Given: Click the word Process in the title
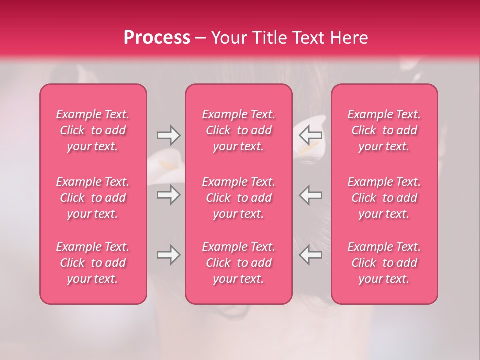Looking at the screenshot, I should coord(157,37).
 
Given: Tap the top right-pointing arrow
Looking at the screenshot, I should coord(168,135).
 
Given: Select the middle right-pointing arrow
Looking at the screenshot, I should coord(168,195).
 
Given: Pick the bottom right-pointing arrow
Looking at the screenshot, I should coord(168,255).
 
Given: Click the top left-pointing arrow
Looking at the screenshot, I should coord(311,135).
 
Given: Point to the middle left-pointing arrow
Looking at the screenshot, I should coord(311,195).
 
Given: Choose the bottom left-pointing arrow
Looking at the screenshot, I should coord(311,255).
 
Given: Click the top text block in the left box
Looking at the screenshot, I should coord(93,130).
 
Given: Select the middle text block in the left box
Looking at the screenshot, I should coord(93,198).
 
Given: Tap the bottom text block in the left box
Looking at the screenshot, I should coord(93,263).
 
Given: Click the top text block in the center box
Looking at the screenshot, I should coord(238,130).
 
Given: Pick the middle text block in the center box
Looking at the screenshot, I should coord(238,198).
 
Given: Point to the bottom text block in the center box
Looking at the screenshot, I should coord(238,263).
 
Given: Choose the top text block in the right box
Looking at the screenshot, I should coord(384,130).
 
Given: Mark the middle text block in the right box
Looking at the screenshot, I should coord(384,198).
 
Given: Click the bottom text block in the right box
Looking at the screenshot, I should coord(384,263).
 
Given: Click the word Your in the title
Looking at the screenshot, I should coord(228,37).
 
